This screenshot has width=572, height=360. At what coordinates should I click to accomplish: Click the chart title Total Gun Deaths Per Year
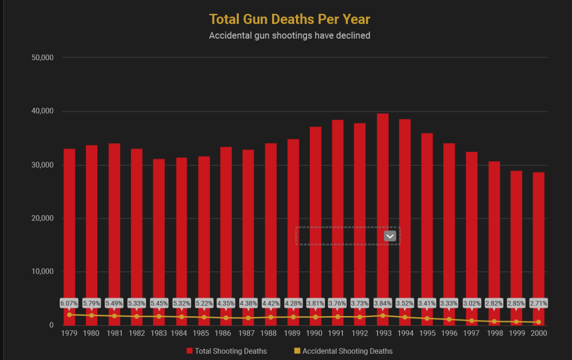click(289, 19)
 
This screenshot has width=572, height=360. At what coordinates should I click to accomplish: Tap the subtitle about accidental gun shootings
click(289, 35)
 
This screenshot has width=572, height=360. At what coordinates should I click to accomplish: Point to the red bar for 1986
click(226, 229)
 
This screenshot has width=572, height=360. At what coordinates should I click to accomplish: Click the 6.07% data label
click(69, 303)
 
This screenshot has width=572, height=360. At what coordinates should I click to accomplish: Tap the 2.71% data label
click(539, 303)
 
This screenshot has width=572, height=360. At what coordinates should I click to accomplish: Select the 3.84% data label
click(382, 303)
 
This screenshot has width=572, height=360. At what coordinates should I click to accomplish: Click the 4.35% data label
click(226, 303)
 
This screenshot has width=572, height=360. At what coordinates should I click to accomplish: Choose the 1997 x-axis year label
click(472, 333)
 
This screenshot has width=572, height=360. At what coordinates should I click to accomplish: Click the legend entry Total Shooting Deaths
click(226, 351)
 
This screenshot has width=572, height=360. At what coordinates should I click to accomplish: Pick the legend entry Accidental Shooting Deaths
click(343, 351)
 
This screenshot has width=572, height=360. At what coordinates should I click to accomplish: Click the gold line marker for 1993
click(382, 316)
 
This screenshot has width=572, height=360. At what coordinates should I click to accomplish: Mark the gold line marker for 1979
click(69, 315)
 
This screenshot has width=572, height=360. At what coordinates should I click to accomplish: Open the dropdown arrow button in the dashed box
click(390, 236)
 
